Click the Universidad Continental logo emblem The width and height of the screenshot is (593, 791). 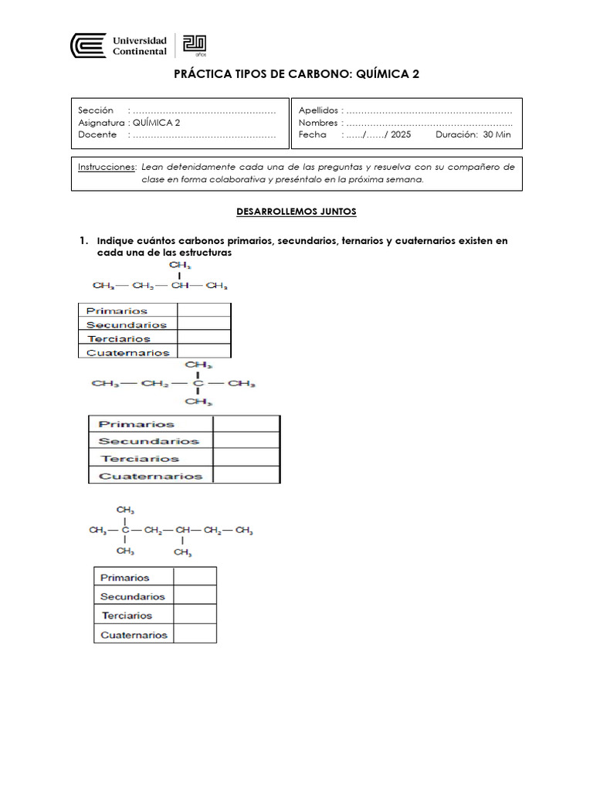89,46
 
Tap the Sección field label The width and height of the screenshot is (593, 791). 96,110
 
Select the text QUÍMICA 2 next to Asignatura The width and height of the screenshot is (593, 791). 158,122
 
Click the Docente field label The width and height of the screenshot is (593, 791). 97,134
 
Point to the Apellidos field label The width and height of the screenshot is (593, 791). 318,110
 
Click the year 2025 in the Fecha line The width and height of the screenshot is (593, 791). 402,134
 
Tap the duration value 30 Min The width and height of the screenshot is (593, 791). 496,134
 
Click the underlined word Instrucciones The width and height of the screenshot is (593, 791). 107,166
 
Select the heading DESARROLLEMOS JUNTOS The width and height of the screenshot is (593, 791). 296,211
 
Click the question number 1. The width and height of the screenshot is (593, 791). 83,241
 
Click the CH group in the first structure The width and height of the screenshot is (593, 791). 179,287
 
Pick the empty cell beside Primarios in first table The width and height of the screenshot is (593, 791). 204,311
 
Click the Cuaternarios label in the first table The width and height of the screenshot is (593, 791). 128,352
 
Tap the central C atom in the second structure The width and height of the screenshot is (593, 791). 198,383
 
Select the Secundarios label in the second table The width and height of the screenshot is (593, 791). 149,441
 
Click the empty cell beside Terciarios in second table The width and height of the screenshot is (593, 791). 246,458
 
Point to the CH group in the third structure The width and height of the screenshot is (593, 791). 182,531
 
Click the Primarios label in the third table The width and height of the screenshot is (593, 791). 125,577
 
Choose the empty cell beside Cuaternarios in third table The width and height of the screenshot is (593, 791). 195,634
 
